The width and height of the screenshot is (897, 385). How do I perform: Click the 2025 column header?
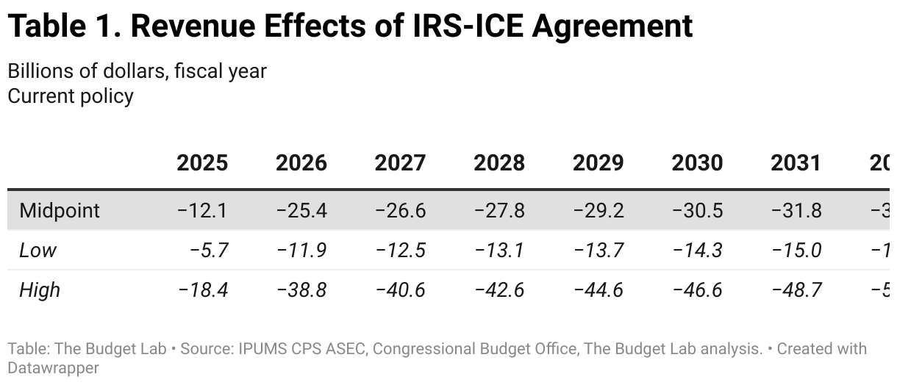click(x=201, y=162)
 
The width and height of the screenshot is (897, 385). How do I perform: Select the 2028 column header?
click(x=499, y=162)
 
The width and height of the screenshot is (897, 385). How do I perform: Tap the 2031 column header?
click(x=796, y=162)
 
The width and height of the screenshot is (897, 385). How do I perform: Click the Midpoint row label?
click(x=60, y=211)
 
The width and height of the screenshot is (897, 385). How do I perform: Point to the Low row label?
click(x=37, y=251)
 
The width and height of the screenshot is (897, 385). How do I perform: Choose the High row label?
click(x=40, y=290)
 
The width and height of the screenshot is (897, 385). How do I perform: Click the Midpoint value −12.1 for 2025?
click(x=202, y=211)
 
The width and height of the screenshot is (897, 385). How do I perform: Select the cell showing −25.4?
click(x=301, y=211)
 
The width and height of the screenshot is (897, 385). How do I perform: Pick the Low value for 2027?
click(x=401, y=251)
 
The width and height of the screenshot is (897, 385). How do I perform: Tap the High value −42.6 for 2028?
click(x=499, y=290)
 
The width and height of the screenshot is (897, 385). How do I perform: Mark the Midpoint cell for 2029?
click(x=598, y=211)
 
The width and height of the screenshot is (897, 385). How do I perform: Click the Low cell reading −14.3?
click(x=698, y=251)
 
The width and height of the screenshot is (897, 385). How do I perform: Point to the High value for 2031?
click(x=796, y=290)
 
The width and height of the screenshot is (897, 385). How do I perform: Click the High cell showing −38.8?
click(x=301, y=290)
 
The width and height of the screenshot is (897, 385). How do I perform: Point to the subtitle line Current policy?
click(x=71, y=96)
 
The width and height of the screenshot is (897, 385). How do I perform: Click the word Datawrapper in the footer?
click(x=53, y=367)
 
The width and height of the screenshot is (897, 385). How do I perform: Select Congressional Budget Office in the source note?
click(x=475, y=349)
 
